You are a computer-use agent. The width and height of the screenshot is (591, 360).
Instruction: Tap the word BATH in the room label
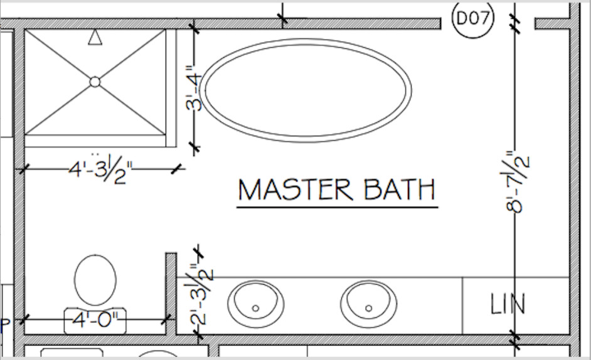[x=400, y=189]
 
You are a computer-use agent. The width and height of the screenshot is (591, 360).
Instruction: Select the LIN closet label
[x=508, y=304]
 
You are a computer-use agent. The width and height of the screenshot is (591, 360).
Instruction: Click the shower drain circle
[x=95, y=82]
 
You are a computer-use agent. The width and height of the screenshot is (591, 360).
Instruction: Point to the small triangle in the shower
[x=95, y=38]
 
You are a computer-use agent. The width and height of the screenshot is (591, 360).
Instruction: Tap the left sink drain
[x=255, y=309]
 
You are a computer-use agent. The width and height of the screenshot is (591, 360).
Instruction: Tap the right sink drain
[x=369, y=309]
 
